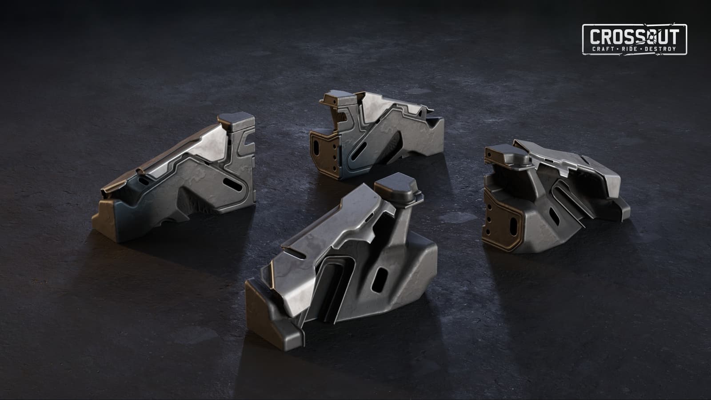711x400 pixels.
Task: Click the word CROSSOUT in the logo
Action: (635, 36)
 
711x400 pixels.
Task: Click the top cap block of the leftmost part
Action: (236, 121)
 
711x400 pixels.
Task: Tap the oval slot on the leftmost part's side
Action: (233, 184)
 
